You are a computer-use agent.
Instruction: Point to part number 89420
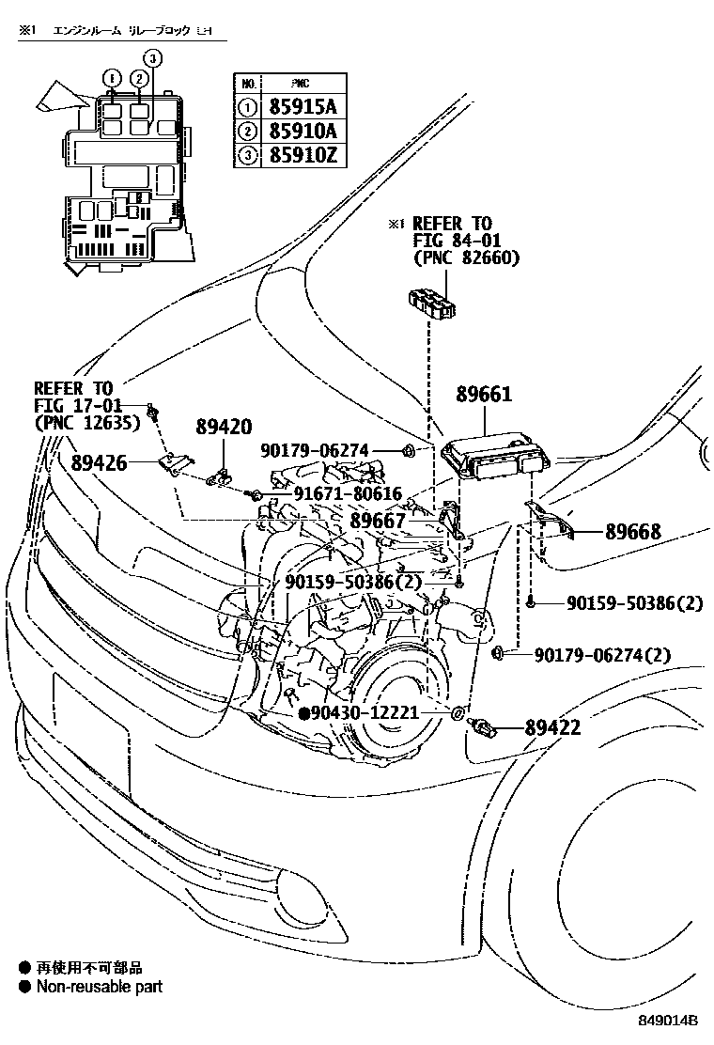pos(224,428)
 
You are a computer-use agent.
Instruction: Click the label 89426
pos(99,462)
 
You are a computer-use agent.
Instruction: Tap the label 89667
pos(378,520)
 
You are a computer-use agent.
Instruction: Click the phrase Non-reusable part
pos(99,987)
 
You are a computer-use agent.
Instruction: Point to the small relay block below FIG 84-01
pos(433,304)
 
